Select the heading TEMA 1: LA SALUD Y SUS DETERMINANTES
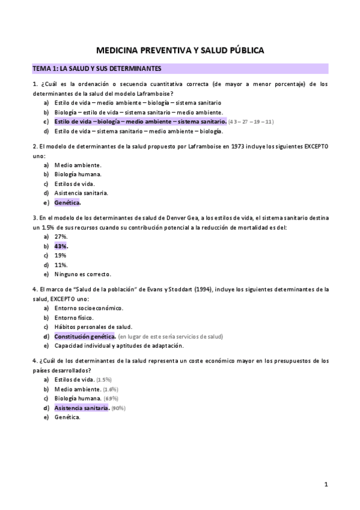96,69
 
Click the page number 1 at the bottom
326,484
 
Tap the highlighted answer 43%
61,246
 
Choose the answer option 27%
61,237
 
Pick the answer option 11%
61,265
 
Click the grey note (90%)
118,408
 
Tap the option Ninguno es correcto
82,274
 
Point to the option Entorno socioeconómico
88,308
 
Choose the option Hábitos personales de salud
93,327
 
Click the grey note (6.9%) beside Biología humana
111,399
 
